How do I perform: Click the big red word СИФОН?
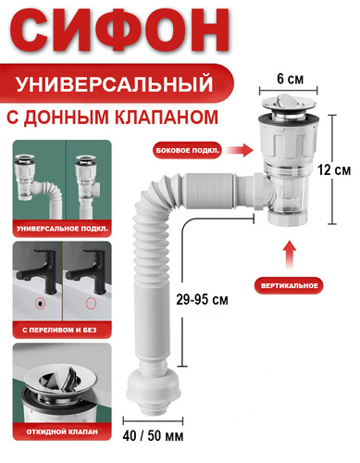[x=120, y=31]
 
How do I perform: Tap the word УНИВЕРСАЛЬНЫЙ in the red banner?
[x=115, y=84]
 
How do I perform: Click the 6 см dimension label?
[x=290, y=79]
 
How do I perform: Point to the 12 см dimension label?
[x=334, y=170]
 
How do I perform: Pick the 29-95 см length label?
[x=202, y=299]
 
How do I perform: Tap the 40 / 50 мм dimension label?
[x=153, y=436]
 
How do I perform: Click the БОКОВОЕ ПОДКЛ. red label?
[x=188, y=151]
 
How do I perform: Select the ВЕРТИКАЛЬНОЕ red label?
[x=289, y=285]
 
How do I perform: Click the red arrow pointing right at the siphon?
[x=240, y=150]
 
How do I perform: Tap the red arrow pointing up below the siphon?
[x=290, y=255]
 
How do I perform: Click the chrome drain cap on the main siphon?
[x=290, y=104]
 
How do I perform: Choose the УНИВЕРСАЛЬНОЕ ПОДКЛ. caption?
[x=62, y=229]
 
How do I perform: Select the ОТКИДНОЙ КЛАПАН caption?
[x=62, y=432]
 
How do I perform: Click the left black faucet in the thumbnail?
[x=40, y=271]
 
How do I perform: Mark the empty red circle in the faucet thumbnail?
[x=91, y=304]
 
